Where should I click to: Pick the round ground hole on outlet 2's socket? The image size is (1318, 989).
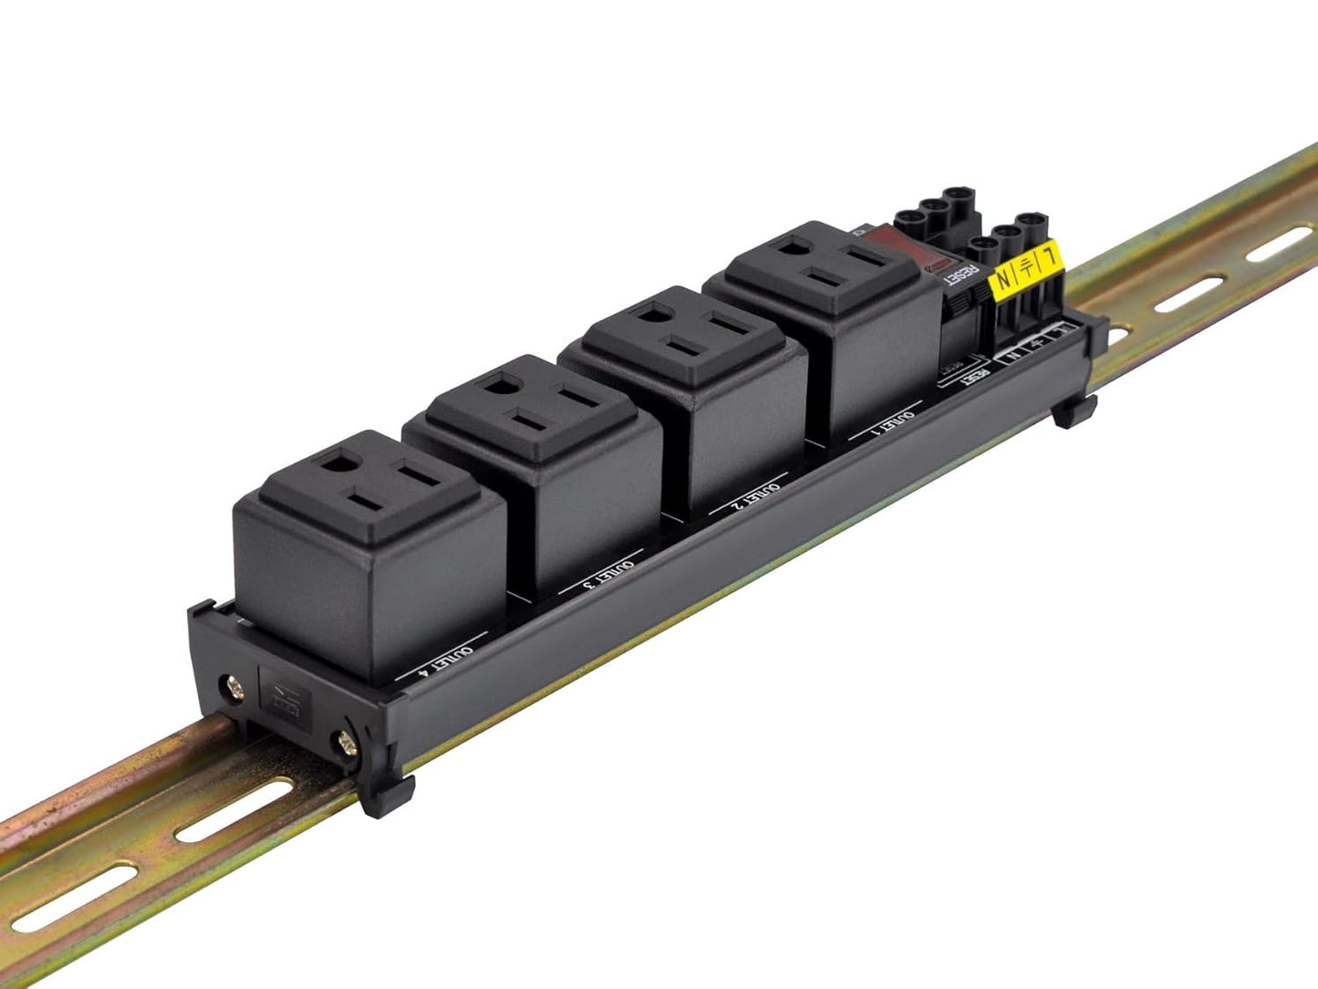point(653,317)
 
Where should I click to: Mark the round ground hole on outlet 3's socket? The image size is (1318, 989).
point(500,384)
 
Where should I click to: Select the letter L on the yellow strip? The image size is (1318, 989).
point(1053,255)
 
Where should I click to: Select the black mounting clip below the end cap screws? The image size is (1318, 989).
point(388,795)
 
